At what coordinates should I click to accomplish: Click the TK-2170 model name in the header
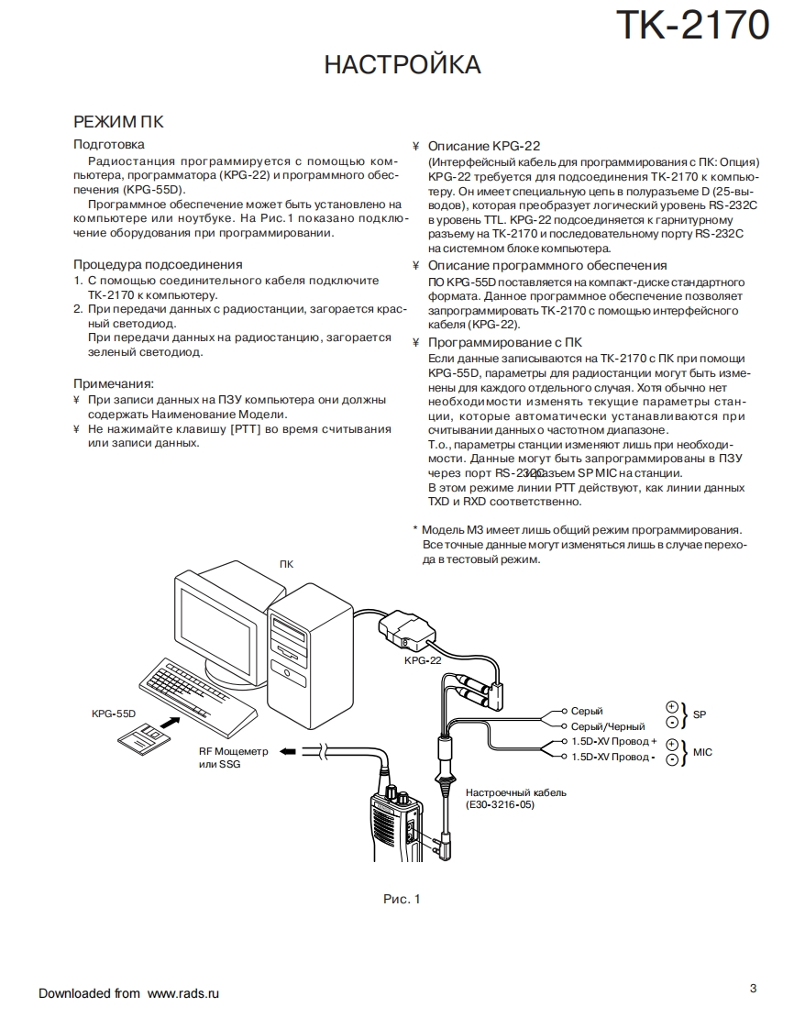click(692, 26)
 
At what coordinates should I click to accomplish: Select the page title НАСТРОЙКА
click(403, 65)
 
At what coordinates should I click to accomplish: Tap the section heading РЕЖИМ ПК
click(118, 122)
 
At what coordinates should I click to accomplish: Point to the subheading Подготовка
click(108, 144)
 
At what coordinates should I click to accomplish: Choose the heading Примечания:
click(114, 383)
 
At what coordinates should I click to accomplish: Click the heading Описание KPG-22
click(484, 146)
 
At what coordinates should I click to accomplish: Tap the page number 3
click(753, 988)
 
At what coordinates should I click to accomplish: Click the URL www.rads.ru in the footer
click(183, 993)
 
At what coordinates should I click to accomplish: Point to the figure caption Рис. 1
click(401, 899)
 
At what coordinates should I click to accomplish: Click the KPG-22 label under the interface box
click(423, 659)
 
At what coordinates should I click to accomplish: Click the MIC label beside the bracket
click(703, 752)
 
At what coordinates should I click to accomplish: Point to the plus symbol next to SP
click(671, 706)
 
